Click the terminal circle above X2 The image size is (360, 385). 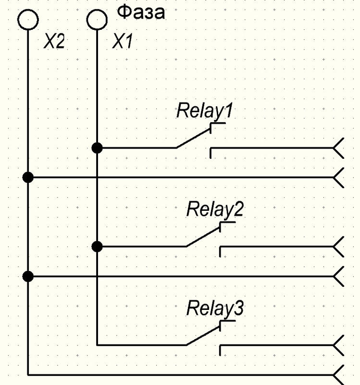28,20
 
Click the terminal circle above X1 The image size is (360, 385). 97,20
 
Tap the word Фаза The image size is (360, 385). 141,13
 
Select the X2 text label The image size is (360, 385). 54,42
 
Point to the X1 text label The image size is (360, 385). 122,42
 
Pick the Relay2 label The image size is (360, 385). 215,209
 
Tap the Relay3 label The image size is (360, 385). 215,308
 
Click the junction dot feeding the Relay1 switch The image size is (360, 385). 97,148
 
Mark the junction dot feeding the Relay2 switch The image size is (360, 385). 97,247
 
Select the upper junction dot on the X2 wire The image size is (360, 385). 28,178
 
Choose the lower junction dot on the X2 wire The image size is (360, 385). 28,276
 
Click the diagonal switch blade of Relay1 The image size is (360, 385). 193,139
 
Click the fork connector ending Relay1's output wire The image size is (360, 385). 339,148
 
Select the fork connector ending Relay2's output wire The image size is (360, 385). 339,247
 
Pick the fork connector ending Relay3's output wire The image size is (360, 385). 339,346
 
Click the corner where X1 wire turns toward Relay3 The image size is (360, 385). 97,345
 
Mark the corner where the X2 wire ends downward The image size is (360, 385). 28,374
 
